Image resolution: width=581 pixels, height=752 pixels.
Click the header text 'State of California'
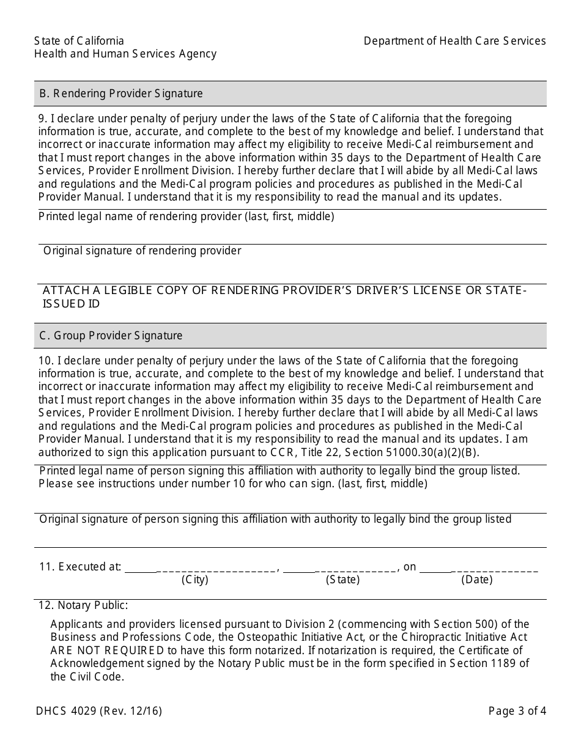point(79,41)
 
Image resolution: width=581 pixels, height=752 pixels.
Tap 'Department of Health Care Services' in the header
point(454,41)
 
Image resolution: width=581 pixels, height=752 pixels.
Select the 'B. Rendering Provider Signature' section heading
point(121,94)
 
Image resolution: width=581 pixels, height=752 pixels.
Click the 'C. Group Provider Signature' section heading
point(111,336)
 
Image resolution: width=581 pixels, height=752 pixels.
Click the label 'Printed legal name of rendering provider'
point(186,216)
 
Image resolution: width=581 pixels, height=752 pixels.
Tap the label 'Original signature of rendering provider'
point(142,251)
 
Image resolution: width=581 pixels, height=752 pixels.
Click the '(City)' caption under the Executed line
point(195,580)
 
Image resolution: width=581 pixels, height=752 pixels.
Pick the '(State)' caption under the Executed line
point(342,580)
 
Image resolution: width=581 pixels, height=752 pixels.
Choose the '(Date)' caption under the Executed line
point(477,580)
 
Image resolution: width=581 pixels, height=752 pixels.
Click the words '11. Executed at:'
point(80,567)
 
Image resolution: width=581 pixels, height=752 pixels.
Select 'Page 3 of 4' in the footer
point(517,711)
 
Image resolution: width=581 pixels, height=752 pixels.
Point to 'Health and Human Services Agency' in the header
point(125,54)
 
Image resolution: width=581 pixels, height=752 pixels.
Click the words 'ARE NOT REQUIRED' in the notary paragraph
point(107,651)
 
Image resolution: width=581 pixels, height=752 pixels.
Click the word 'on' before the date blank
point(410,567)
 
